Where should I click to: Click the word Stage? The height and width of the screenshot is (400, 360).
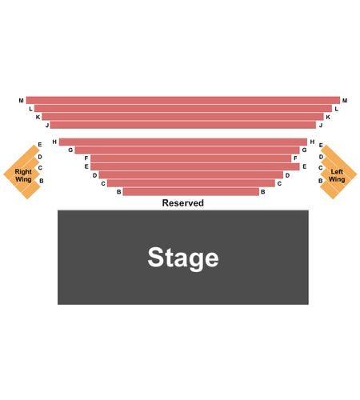(x=183, y=258)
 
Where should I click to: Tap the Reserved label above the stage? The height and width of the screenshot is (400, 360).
(x=183, y=203)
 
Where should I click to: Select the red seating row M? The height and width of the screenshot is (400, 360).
(x=183, y=100)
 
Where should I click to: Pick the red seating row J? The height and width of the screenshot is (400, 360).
(x=183, y=125)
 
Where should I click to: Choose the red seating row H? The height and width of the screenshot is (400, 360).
(x=183, y=142)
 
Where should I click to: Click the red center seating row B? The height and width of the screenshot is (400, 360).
(x=191, y=192)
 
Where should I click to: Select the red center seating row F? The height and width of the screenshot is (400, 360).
(x=191, y=158)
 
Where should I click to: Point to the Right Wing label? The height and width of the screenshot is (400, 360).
(x=23, y=175)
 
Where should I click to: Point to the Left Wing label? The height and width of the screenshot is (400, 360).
(x=337, y=175)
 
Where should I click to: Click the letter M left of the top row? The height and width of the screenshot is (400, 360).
(x=22, y=101)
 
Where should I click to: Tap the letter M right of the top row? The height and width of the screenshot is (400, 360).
(x=345, y=101)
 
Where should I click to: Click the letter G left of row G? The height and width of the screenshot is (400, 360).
(x=70, y=150)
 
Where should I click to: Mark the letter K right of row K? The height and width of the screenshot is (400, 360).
(x=328, y=117)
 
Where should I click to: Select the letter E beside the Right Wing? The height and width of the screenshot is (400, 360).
(x=40, y=145)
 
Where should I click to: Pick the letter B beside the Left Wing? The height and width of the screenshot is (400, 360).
(x=321, y=181)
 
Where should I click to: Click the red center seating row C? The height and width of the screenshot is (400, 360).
(x=191, y=183)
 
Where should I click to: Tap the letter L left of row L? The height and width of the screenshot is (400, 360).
(x=30, y=109)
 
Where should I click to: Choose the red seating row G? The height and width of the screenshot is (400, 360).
(x=187, y=150)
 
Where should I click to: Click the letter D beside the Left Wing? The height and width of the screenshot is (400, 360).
(x=321, y=157)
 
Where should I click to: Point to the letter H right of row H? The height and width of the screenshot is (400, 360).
(x=312, y=142)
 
